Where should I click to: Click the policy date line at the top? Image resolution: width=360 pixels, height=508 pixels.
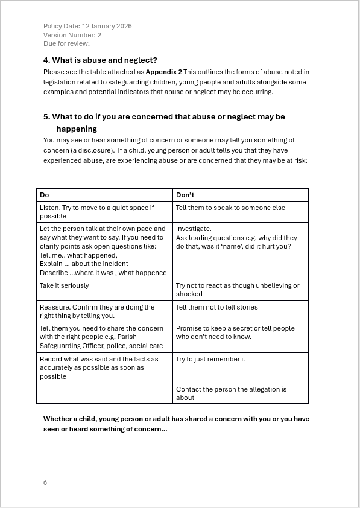coord(87,26)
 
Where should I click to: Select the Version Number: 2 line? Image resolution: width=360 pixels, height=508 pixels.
coord(72,35)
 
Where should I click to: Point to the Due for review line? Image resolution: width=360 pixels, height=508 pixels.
coord(66,43)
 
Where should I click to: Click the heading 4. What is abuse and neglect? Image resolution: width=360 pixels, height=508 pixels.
coord(100,60)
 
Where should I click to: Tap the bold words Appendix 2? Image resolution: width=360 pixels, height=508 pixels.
coord(163,72)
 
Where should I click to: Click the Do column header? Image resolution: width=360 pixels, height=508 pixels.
coord(45,195)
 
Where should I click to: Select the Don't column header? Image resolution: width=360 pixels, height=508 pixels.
coord(185,195)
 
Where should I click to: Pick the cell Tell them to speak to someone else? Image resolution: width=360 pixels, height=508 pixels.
coord(230,208)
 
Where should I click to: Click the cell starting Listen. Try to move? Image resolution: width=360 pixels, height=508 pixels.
coord(96,212)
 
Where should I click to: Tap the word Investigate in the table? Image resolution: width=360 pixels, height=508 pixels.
coord(194,229)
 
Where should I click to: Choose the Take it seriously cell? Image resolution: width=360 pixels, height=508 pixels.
coord(64,285)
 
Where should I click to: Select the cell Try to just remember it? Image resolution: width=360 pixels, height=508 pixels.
coord(210,359)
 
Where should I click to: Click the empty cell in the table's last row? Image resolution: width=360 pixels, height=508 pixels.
coord(104,393)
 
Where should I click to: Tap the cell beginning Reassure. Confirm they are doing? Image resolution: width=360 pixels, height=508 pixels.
coord(97,311)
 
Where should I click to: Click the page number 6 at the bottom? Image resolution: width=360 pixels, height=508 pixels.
coord(45,483)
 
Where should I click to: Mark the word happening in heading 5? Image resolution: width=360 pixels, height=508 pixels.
coord(77,129)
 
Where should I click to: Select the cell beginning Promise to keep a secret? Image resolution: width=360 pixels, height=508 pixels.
coord(235,332)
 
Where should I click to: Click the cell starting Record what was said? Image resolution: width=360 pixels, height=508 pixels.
coord(99,367)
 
